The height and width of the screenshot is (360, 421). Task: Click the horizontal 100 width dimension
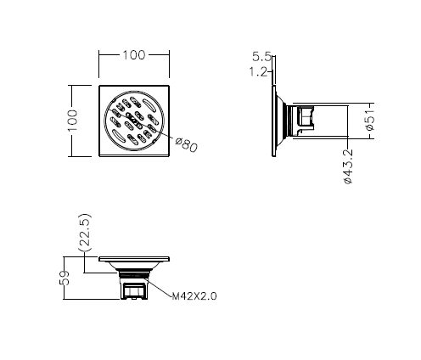(x=134, y=55)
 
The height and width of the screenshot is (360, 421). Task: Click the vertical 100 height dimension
(x=73, y=121)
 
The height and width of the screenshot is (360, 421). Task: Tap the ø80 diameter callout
(x=186, y=144)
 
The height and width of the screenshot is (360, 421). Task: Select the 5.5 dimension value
(x=261, y=57)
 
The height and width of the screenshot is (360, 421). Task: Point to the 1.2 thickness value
(x=258, y=72)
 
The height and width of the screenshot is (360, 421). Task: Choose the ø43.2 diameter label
(x=348, y=166)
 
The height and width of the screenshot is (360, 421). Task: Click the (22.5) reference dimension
(x=85, y=233)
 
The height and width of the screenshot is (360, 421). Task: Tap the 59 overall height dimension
(x=65, y=278)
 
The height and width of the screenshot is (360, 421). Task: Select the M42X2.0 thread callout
(x=194, y=296)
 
